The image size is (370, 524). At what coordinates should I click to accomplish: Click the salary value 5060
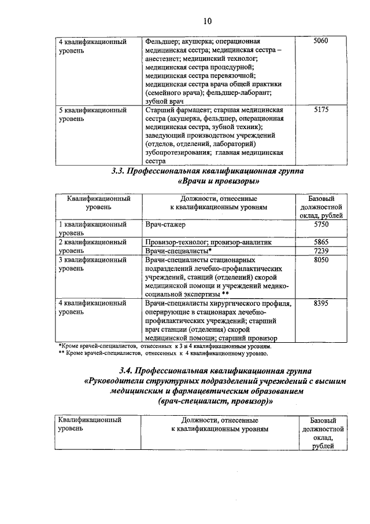coord(320,42)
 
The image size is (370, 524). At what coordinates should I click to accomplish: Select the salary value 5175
coord(320,109)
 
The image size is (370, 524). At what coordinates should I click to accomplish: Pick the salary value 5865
coord(321,242)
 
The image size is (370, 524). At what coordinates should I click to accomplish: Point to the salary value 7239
coord(321,251)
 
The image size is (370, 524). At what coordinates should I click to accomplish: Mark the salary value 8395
coord(321,303)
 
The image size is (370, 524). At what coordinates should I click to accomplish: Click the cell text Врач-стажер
coord(168,224)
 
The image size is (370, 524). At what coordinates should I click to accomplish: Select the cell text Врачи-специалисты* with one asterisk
coord(179,251)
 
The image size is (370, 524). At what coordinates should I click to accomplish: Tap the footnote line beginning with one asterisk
coord(168,346)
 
